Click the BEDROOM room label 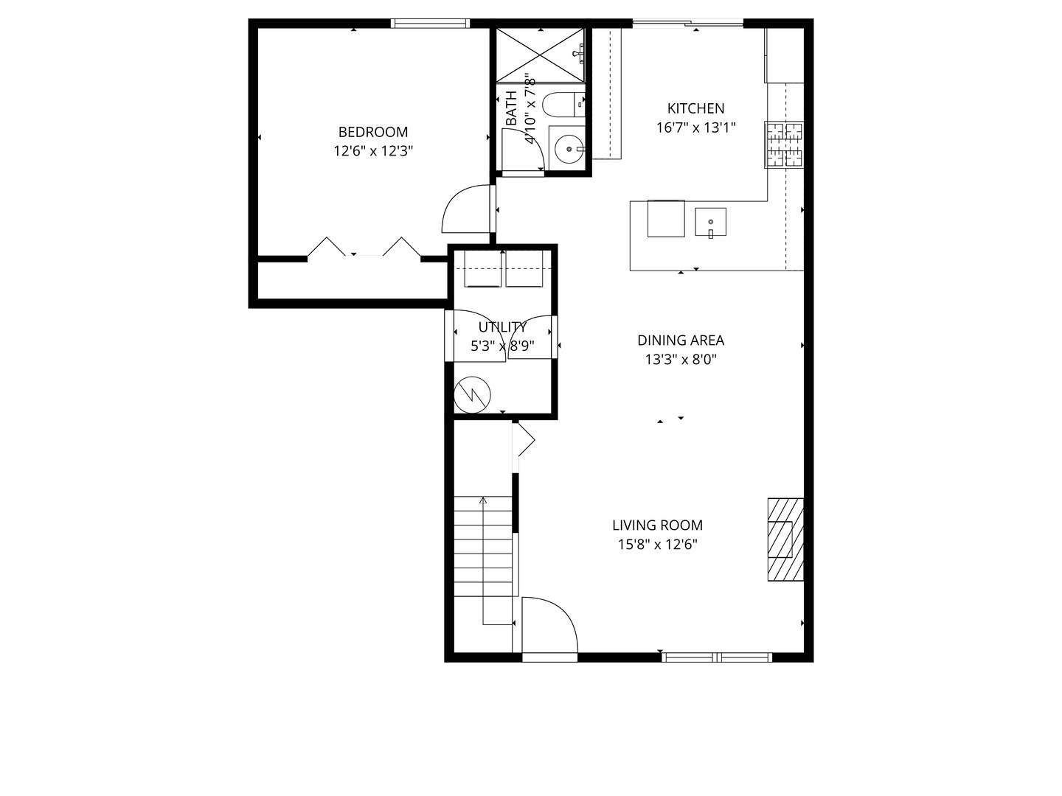[372, 132]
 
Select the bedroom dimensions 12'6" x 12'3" [372, 151]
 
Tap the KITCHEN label [695, 108]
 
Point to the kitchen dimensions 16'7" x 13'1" [695, 128]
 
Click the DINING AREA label [680, 340]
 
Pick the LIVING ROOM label [656, 525]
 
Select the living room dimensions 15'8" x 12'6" [656, 545]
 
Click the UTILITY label [502, 327]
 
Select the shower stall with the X [540, 54]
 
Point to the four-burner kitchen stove [783, 144]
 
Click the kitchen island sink [710, 222]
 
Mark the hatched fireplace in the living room [785, 540]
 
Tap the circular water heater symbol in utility [472, 395]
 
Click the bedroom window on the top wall [430, 24]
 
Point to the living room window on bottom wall [717, 657]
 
